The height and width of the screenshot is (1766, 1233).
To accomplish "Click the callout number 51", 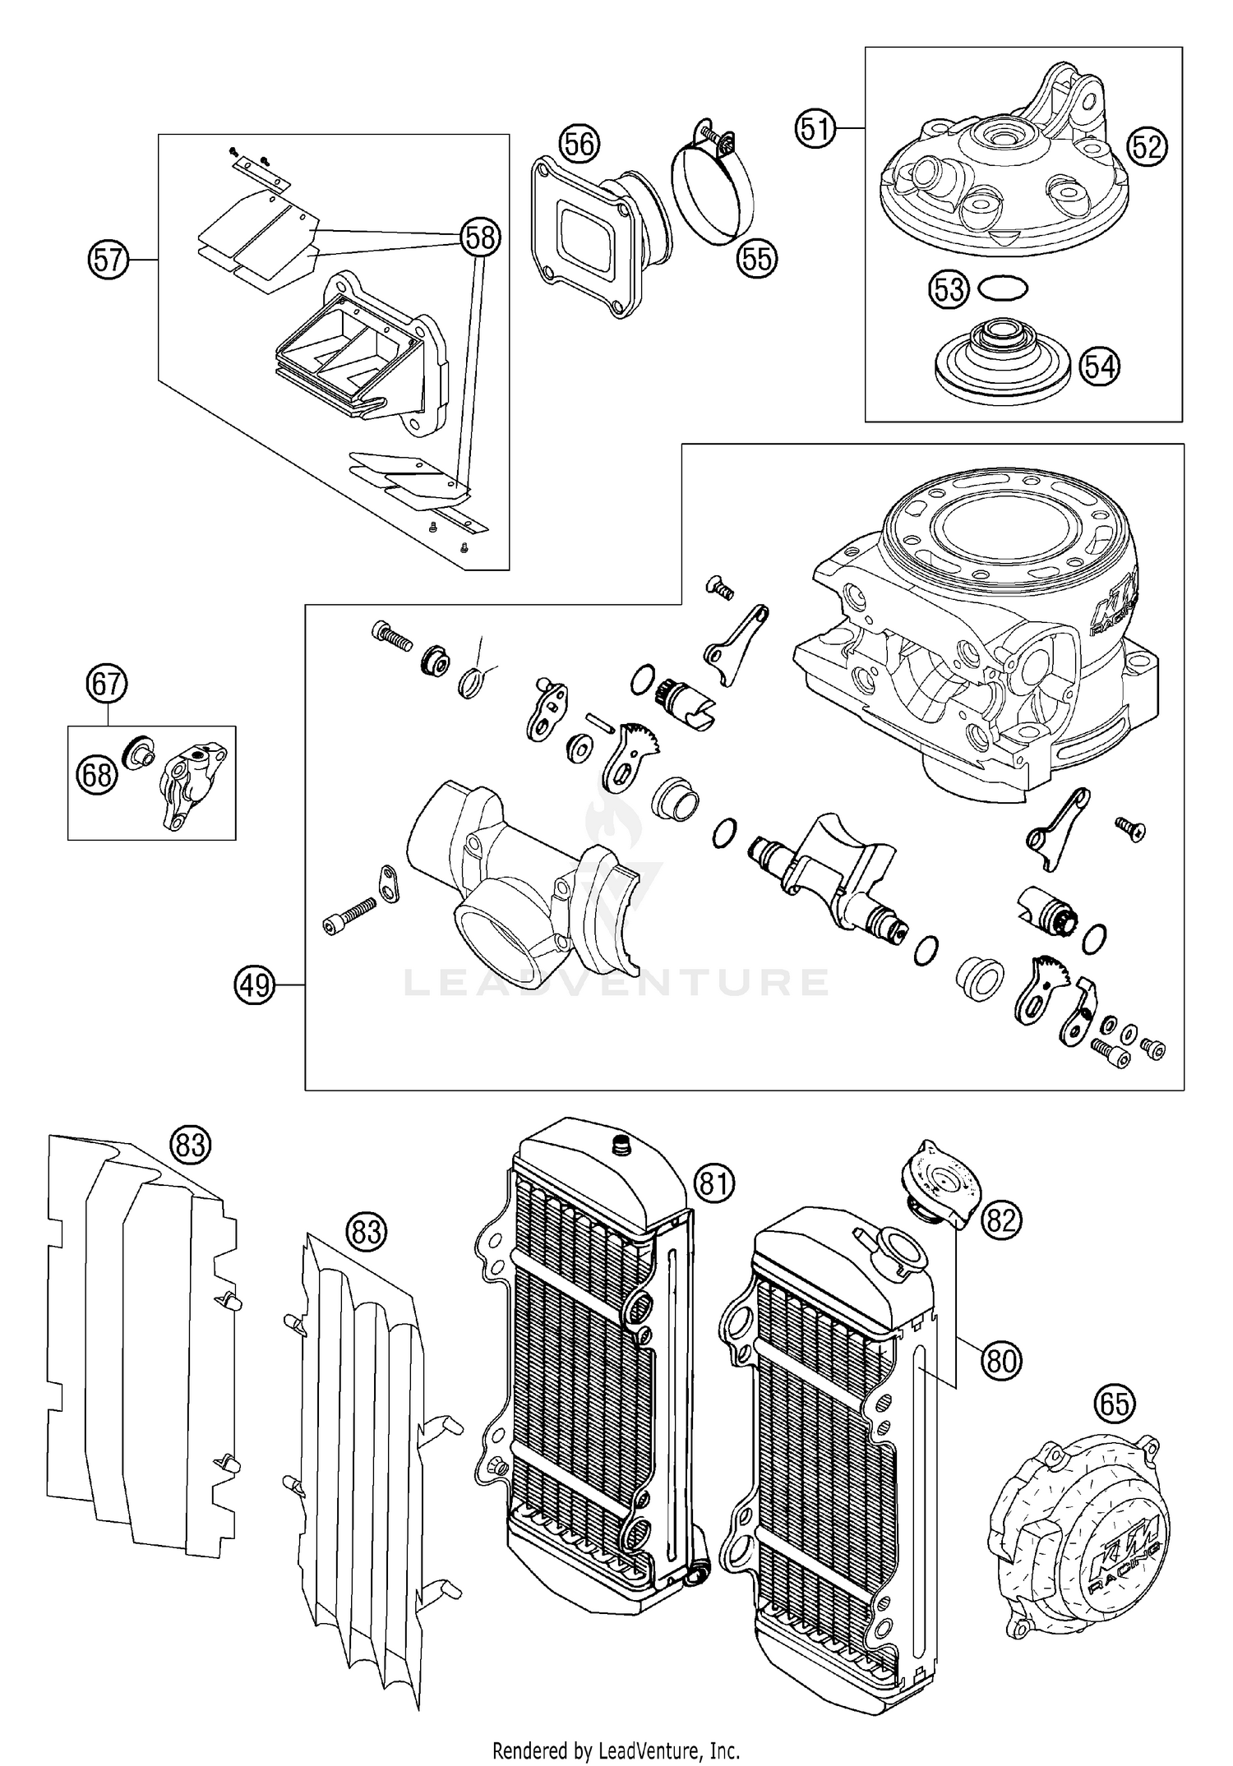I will click(x=814, y=130).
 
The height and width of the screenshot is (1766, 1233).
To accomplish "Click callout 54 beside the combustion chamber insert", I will click(x=1099, y=366).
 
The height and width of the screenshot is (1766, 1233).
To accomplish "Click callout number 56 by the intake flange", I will click(x=579, y=144).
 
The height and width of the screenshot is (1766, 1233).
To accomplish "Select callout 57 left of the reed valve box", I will click(x=109, y=261).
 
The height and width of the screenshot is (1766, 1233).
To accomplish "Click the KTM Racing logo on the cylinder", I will click(x=1114, y=608).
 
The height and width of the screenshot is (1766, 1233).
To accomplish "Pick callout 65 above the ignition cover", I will click(x=1115, y=1404).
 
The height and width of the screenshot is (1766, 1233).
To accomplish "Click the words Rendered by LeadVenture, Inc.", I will click(x=616, y=1744).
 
